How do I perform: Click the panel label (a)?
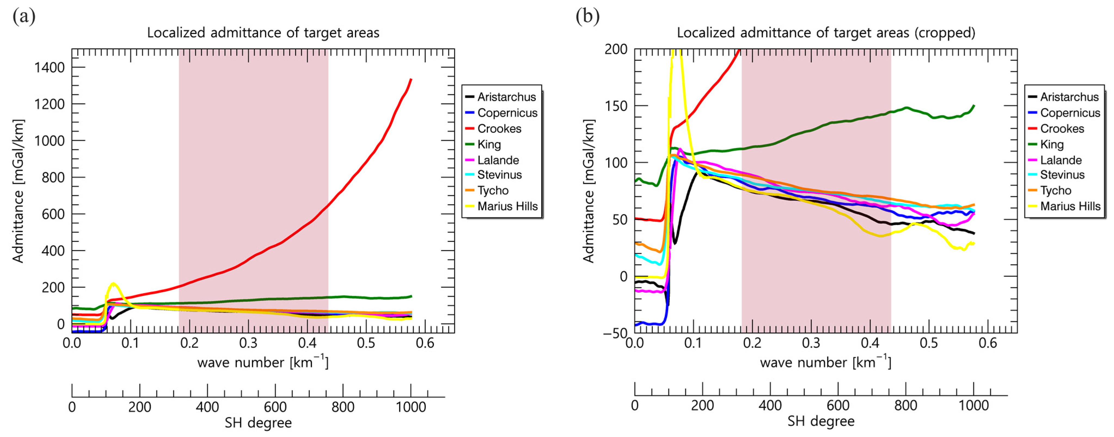click(24, 16)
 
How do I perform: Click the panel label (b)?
click(587, 16)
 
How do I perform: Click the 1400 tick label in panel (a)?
click(49, 68)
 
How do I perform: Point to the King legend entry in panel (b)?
click(1052, 144)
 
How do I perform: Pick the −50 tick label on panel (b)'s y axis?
click(615, 333)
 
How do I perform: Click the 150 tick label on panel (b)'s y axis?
click(616, 106)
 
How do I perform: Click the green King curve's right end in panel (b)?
click(974, 106)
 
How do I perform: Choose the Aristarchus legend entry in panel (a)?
click(506, 97)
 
